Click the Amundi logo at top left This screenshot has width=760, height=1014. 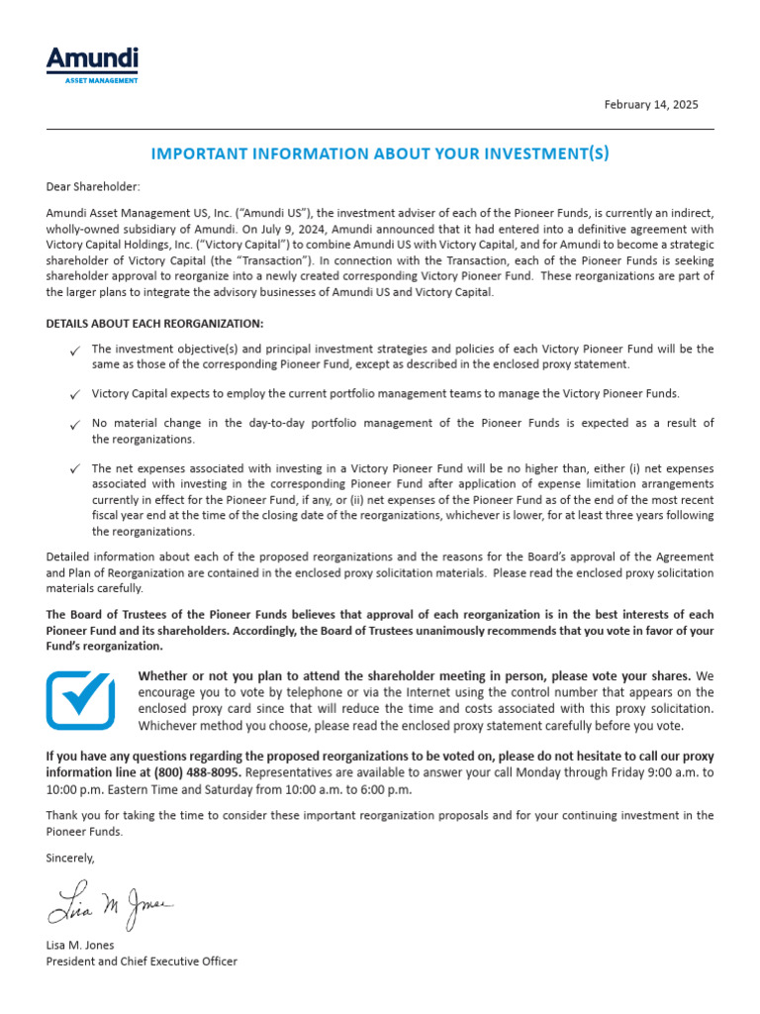point(92,60)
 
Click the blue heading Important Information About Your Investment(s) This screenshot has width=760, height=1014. point(380,153)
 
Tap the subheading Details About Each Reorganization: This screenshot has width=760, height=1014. point(154,324)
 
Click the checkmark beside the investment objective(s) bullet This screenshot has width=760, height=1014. point(76,351)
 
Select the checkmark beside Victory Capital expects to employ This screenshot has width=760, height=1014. point(76,395)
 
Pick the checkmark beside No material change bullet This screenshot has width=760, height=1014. point(76,425)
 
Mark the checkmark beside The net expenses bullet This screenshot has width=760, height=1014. point(76,469)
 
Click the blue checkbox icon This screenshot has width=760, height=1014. point(81,699)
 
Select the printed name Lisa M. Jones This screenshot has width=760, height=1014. point(80,946)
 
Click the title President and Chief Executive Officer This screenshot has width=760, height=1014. point(142,962)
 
